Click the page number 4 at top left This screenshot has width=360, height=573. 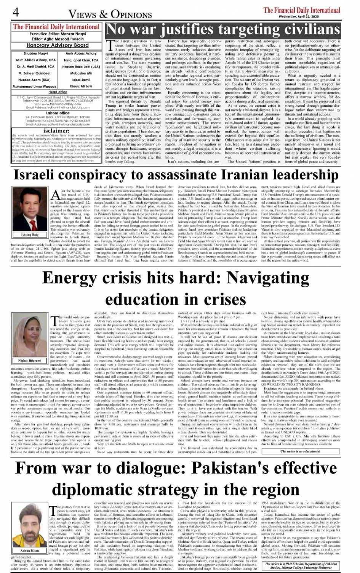click(16, 13)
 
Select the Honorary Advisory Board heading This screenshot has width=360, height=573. click(58, 45)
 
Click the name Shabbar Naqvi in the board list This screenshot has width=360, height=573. click(35, 54)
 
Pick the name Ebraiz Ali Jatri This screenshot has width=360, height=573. click(81, 86)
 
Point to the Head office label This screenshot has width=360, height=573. click(58, 92)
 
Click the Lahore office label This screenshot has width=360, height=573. click(58, 113)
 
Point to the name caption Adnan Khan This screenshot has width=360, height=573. click(30, 551)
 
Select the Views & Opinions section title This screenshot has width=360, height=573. click(110, 14)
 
